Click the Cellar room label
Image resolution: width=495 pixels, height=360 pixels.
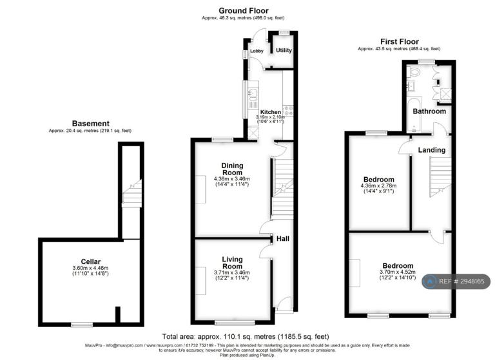click(x=91, y=261)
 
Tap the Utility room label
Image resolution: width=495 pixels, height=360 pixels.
click(x=284, y=50)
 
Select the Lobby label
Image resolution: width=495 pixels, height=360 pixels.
click(x=257, y=51)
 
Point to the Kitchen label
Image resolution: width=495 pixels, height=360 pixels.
click(x=271, y=112)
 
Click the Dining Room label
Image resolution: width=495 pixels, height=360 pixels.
click(x=232, y=169)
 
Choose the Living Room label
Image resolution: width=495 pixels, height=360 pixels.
click(x=232, y=263)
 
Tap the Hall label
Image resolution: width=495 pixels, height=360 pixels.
click(x=282, y=239)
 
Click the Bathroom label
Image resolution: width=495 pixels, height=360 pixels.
click(x=429, y=111)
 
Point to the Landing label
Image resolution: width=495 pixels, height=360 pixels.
click(x=432, y=150)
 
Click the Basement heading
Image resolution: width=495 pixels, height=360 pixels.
click(x=91, y=124)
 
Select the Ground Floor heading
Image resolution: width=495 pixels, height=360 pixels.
click(x=244, y=11)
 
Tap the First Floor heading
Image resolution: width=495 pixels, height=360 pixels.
click(x=400, y=41)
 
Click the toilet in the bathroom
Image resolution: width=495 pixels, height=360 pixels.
click(x=413, y=72)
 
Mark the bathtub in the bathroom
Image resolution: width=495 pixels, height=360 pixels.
click(x=414, y=115)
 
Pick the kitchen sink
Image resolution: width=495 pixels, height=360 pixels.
click(x=253, y=93)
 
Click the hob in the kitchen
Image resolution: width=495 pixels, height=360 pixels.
click(x=289, y=111)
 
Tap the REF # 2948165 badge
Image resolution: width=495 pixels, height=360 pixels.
click(x=456, y=281)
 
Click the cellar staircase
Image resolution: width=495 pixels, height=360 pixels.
click(x=131, y=193)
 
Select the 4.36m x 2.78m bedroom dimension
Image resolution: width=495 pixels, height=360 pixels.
click(x=378, y=185)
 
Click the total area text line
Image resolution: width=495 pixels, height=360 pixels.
click(x=246, y=337)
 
